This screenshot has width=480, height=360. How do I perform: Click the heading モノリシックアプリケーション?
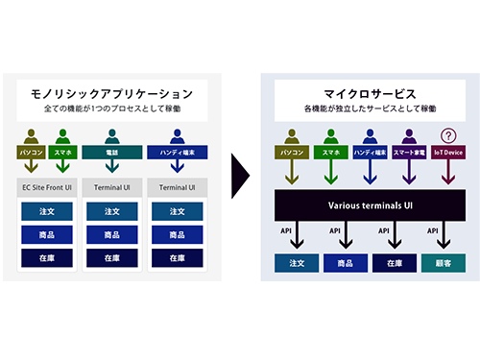(112, 93)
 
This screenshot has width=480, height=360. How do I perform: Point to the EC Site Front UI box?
(47, 186)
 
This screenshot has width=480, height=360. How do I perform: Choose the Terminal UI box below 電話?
(112, 186)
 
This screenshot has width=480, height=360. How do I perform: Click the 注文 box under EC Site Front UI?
(47, 210)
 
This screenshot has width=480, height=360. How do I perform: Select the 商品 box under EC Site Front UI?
(47, 234)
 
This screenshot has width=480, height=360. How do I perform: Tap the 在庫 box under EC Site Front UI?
(47, 257)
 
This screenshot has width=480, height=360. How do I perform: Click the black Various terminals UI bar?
(371, 204)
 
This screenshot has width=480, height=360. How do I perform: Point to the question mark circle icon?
(444, 135)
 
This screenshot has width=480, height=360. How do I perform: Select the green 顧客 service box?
(444, 262)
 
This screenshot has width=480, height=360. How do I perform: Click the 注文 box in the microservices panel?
(298, 262)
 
